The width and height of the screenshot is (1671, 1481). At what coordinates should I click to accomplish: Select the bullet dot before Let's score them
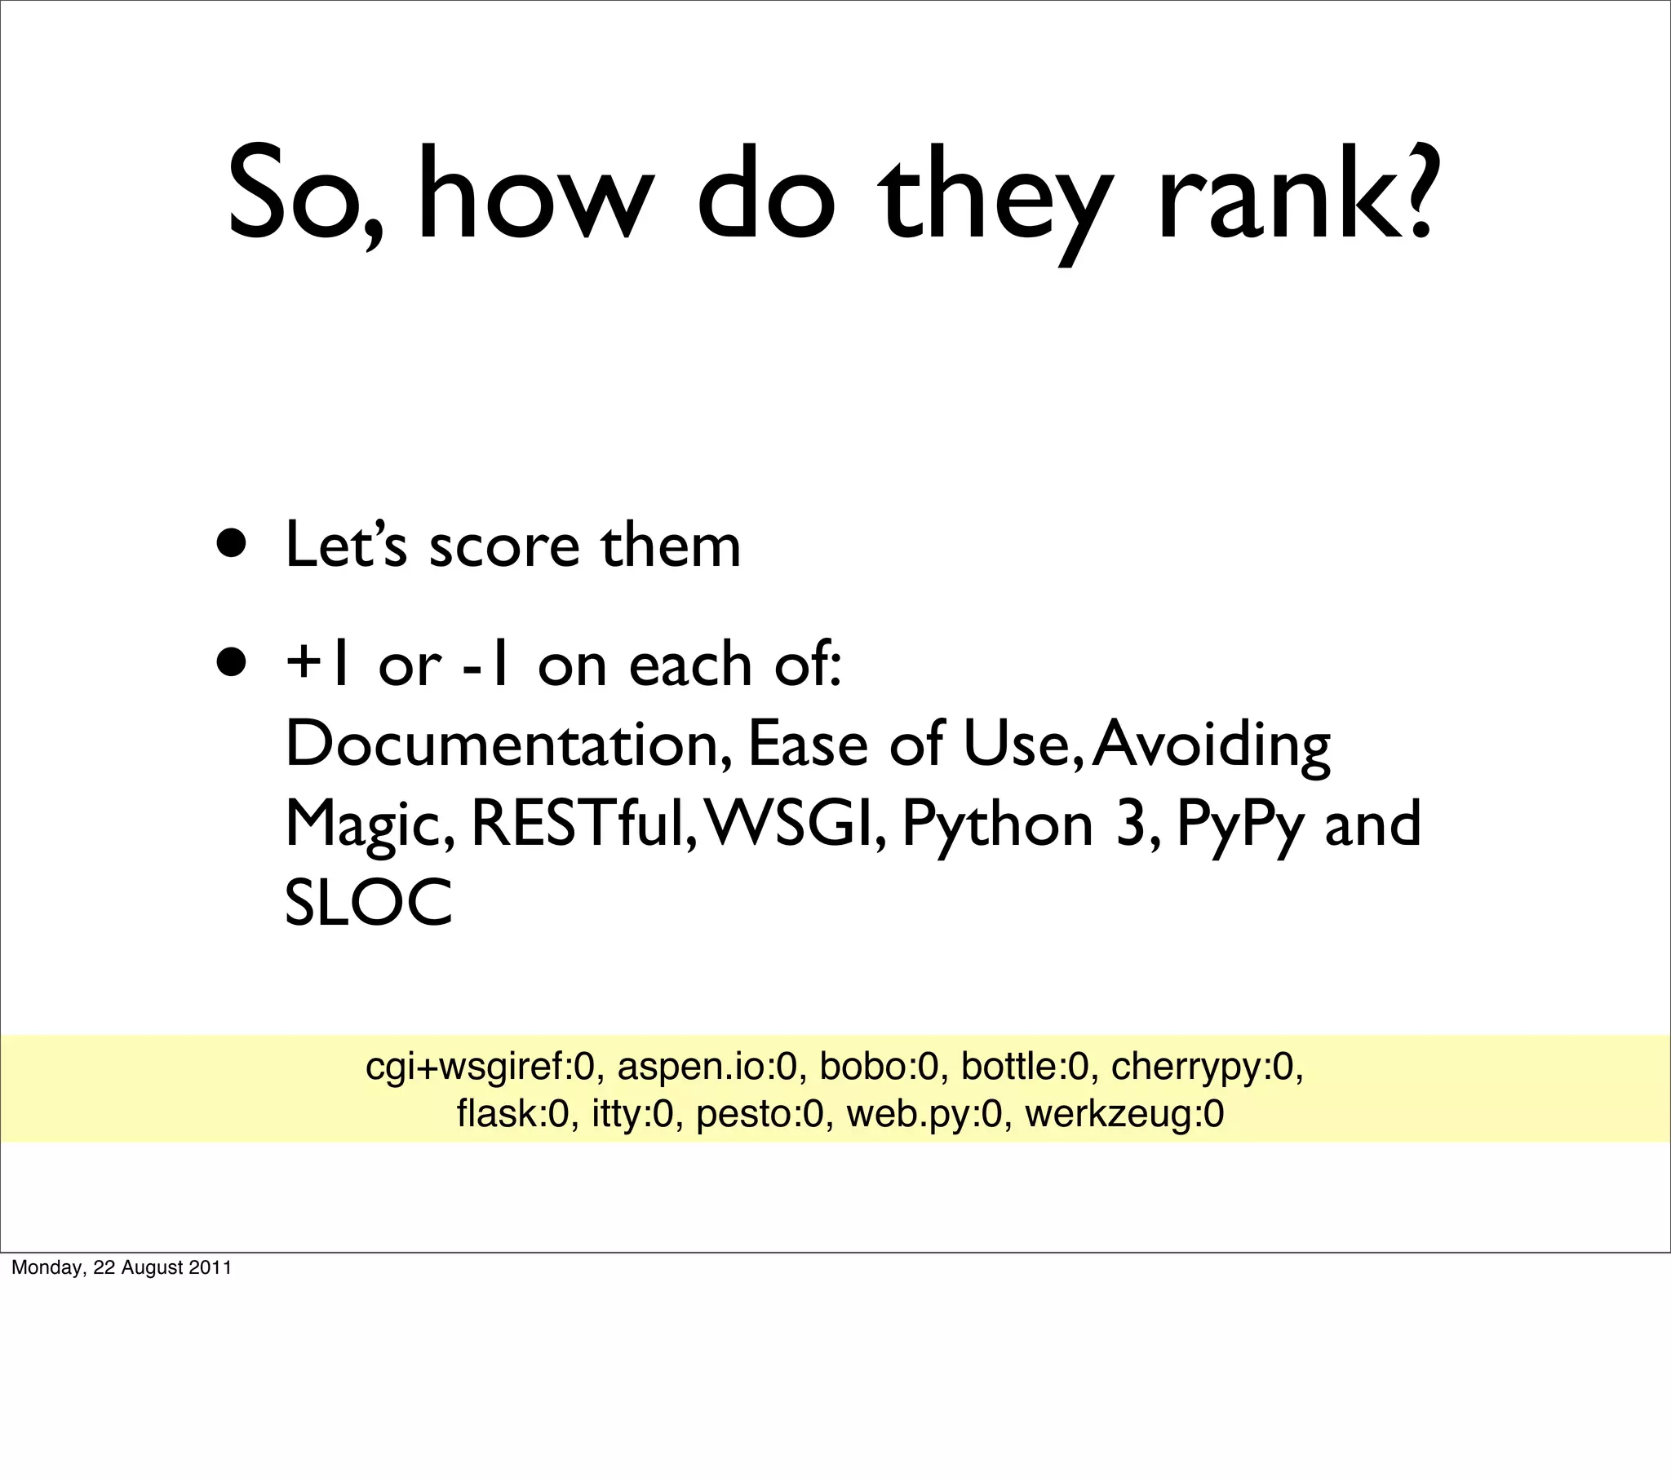pos(232,543)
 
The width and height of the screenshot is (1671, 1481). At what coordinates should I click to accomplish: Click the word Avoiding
pos(1212,745)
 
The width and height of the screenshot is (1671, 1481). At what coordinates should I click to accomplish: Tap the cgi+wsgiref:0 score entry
pos(479,1067)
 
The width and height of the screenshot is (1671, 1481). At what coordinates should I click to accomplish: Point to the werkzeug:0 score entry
pos(1124,1114)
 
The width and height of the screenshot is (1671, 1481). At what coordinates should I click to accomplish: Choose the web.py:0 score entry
pos(924,1114)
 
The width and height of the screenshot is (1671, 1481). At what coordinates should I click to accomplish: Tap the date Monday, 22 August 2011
pos(121,1267)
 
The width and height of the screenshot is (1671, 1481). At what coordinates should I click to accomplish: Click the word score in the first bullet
pos(504,546)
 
